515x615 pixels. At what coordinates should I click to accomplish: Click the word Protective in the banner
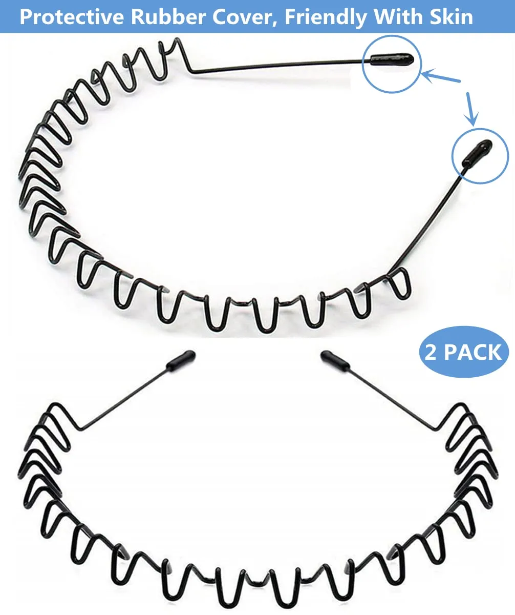click(71, 17)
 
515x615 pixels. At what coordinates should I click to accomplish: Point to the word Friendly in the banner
click(325, 17)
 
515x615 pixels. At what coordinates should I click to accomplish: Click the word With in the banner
click(395, 17)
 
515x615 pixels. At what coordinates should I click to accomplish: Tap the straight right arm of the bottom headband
click(389, 397)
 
